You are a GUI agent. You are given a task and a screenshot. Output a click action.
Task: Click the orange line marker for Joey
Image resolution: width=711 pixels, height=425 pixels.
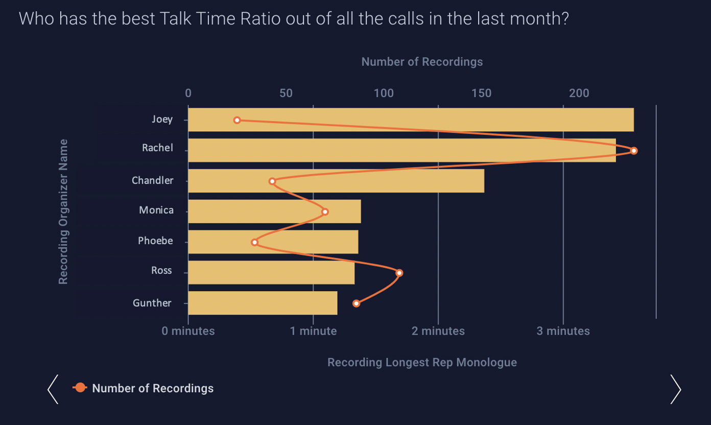pyautogui.click(x=237, y=120)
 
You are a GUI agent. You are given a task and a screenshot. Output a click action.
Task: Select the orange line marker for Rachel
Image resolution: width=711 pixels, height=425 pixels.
pyautogui.click(x=634, y=151)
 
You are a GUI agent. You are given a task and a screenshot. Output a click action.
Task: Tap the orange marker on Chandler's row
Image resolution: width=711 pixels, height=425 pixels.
pyautogui.click(x=272, y=181)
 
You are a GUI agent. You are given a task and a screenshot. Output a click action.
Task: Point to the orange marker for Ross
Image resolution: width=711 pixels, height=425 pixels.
pyautogui.click(x=399, y=273)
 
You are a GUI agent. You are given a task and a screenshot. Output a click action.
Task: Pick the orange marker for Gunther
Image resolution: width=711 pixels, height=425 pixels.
pyautogui.click(x=356, y=303)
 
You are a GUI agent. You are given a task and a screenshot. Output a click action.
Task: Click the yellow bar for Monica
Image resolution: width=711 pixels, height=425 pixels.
pyautogui.click(x=274, y=211)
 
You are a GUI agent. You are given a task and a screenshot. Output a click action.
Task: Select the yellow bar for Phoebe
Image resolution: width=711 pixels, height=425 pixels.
pyautogui.click(x=273, y=242)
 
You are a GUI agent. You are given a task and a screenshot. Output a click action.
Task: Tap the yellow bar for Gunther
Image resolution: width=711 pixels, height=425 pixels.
pyautogui.click(x=263, y=303)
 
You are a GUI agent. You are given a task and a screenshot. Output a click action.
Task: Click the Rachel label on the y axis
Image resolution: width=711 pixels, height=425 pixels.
pyautogui.click(x=157, y=148)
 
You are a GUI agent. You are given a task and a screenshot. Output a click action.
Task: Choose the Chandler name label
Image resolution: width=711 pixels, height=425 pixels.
pyautogui.click(x=152, y=180)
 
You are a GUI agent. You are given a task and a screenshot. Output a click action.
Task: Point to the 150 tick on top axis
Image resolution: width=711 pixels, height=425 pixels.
pyautogui.click(x=482, y=93)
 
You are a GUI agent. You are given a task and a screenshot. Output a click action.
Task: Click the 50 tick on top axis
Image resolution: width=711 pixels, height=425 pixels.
pyautogui.click(x=286, y=93)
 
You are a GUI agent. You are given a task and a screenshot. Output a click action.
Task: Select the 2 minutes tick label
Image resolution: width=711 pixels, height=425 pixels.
pyautogui.click(x=438, y=331)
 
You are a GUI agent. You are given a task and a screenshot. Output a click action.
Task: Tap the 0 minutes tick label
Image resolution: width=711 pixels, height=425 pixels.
pyautogui.click(x=188, y=331)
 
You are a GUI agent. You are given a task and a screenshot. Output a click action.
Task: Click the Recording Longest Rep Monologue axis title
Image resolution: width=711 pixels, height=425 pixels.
pyautogui.click(x=422, y=363)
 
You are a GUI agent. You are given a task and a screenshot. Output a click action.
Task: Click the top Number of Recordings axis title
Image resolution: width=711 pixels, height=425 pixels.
pyautogui.click(x=422, y=62)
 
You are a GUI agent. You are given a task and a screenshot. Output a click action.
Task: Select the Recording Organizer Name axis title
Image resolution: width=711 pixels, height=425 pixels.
pyautogui.click(x=63, y=211)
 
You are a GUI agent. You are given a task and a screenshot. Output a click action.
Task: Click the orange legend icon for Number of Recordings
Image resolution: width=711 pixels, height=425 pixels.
pyautogui.click(x=80, y=388)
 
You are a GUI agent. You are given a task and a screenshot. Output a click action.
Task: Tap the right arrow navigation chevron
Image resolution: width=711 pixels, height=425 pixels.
pyautogui.click(x=675, y=389)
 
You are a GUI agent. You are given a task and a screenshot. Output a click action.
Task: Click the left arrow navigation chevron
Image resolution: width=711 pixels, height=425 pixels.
pyautogui.click(x=53, y=389)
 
